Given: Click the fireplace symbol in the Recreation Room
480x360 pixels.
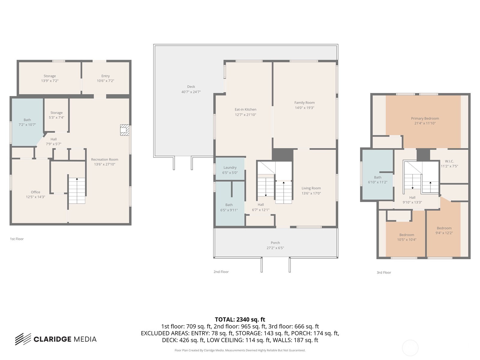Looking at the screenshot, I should [124, 130].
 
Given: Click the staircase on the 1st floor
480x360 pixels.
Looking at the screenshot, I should [77, 190].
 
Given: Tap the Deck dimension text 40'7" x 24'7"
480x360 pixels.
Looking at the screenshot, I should [191, 92].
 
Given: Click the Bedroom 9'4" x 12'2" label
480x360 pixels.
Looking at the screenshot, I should [444, 230].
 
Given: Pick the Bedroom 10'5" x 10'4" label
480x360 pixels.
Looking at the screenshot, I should [406, 237].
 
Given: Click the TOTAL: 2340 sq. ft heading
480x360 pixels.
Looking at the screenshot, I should [240, 319].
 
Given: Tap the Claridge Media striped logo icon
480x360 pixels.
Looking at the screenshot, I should [23, 339].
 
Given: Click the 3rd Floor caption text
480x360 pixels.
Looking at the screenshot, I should [384, 273].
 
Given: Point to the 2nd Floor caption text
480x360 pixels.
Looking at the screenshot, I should [221, 272].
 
